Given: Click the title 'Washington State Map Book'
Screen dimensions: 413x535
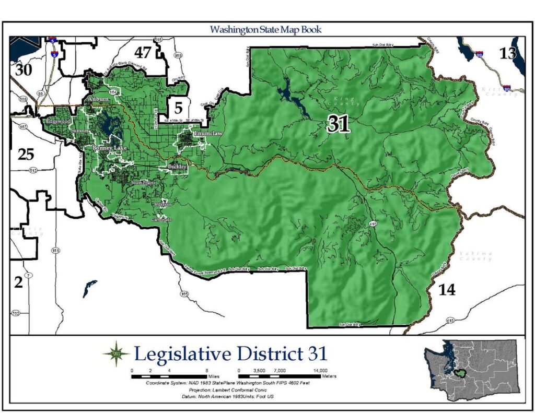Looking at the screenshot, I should (265, 29).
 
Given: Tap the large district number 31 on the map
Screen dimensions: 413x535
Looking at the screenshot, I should (338, 124).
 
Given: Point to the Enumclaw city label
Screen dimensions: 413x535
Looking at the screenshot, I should (201, 134).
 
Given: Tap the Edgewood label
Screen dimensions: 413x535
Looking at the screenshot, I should (57, 121).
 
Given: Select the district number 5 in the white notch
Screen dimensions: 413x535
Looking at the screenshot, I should (178, 109).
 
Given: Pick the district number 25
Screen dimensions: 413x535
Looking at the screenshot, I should (26, 154).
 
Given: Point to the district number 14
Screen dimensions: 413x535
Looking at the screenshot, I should (446, 289).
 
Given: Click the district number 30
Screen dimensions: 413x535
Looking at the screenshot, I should (23, 70).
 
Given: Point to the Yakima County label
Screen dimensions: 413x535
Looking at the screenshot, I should (475, 256).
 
